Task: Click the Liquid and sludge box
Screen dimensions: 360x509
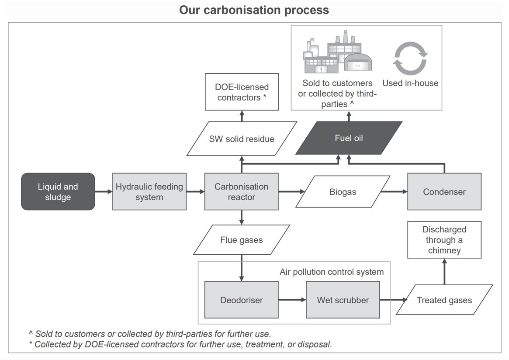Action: [58, 192]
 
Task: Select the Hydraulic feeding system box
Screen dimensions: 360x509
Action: [149, 192]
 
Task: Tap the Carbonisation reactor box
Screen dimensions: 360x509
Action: [241, 192]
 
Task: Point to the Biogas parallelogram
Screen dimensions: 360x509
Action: [343, 192]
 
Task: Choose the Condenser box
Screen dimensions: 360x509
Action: [444, 192]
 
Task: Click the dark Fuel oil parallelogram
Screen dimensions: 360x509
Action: [349, 138]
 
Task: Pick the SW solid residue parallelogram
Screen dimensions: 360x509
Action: [241, 139]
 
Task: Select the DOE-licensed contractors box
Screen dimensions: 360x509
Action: [242, 92]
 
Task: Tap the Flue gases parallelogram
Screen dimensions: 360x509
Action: [241, 240]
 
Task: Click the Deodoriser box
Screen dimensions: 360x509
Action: [241, 300]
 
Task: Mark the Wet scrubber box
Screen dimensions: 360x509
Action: [343, 300]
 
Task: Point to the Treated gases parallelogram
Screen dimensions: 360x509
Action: [444, 300]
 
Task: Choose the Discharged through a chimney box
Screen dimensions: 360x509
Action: [444, 240]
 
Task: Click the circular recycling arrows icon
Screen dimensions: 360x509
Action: [410, 59]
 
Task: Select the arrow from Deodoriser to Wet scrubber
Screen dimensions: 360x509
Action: [292, 300]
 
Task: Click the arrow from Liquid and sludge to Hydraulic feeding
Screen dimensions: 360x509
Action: [104, 192]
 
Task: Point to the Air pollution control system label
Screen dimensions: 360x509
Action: [332, 272]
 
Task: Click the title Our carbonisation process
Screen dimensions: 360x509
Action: [254, 10]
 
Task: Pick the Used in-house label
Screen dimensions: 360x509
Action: [410, 83]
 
